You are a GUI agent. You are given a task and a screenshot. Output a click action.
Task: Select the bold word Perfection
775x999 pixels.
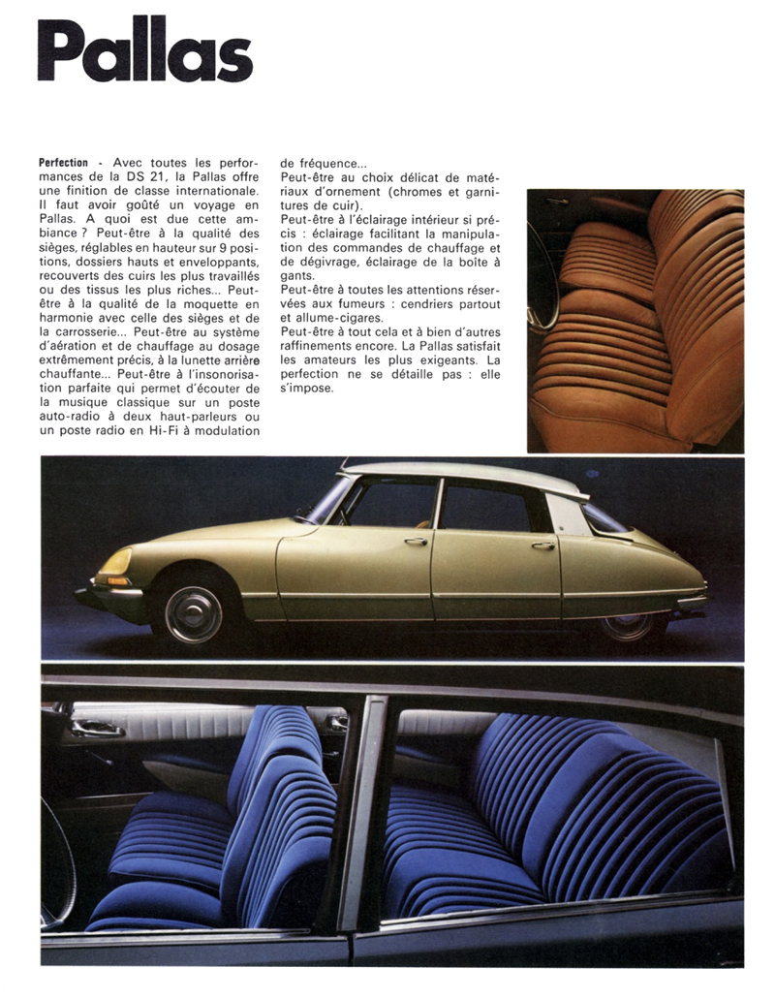(64, 163)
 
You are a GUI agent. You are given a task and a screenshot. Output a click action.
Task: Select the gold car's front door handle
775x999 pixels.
(415, 541)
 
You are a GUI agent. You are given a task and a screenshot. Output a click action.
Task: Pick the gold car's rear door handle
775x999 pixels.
(542, 546)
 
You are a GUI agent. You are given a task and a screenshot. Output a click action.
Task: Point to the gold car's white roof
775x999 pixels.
(465, 472)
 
